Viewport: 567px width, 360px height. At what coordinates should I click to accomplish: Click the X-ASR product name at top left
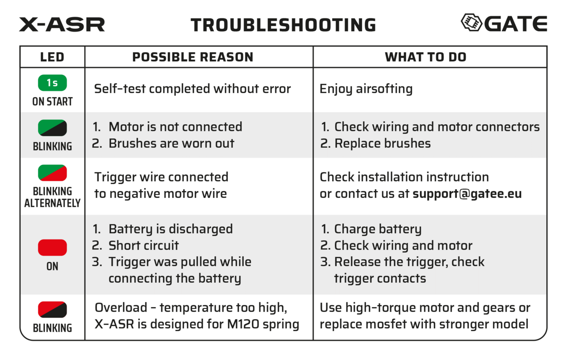pyautogui.click(x=62, y=24)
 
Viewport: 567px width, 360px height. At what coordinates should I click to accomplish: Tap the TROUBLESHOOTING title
pyautogui.click(x=283, y=25)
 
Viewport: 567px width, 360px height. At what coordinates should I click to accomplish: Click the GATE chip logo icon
pyautogui.click(x=471, y=22)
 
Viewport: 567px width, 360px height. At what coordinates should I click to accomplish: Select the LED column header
pyautogui.click(x=52, y=58)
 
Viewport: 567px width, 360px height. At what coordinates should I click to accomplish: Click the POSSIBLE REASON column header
pyautogui.click(x=193, y=58)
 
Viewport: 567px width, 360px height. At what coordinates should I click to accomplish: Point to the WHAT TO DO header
pyautogui.click(x=425, y=58)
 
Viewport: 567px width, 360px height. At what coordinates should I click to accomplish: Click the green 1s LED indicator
pyautogui.click(x=52, y=83)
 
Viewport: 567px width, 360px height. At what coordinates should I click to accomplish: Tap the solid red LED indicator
pyautogui.click(x=52, y=248)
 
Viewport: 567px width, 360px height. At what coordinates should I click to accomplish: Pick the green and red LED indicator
pyautogui.click(x=52, y=173)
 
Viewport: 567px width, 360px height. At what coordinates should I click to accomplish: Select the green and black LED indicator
pyautogui.click(x=52, y=128)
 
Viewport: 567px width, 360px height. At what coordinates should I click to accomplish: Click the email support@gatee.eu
pyautogui.click(x=467, y=194)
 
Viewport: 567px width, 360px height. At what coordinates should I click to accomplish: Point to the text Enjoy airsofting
pyautogui.click(x=366, y=89)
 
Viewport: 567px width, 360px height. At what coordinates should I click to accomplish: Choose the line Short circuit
pyautogui.click(x=144, y=246)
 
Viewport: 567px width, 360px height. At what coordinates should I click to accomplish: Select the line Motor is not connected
pyautogui.click(x=175, y=127)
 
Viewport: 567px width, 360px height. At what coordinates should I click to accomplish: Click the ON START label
pyautogui.click(x=52, y=102)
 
